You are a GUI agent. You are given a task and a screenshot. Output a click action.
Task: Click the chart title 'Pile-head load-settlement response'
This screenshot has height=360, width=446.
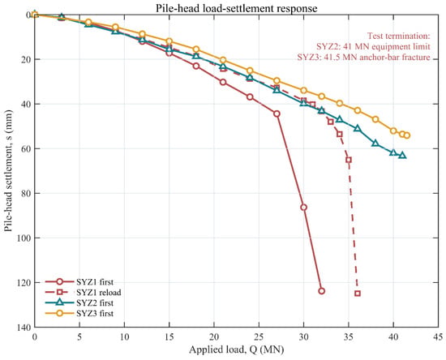236,8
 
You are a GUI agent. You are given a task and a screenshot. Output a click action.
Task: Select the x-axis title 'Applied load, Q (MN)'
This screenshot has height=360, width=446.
236,349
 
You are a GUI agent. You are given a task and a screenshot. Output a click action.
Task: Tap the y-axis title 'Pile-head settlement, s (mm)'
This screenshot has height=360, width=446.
9,170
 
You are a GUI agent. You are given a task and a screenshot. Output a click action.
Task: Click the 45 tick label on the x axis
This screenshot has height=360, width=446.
438,337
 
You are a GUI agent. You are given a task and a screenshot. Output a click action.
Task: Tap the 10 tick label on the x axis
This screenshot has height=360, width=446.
124,337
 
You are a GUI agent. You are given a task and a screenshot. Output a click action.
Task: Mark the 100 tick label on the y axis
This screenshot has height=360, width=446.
25,238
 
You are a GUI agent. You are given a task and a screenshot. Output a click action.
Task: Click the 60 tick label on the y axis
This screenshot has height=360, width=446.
27,148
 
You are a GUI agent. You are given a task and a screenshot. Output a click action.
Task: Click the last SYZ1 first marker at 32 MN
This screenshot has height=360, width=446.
322,291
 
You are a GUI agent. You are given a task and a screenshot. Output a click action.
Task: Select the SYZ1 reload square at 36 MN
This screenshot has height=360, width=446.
358,294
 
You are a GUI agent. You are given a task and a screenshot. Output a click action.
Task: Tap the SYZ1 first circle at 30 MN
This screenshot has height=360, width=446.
304,208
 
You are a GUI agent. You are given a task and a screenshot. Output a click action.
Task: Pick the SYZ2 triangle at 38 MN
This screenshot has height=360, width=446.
375,143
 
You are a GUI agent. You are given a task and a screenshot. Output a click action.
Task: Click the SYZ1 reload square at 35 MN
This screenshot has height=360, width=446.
349,160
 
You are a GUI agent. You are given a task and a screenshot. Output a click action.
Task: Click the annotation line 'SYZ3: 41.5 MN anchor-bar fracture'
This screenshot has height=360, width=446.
363,57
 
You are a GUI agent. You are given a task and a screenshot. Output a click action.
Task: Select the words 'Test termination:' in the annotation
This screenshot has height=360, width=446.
398,36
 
